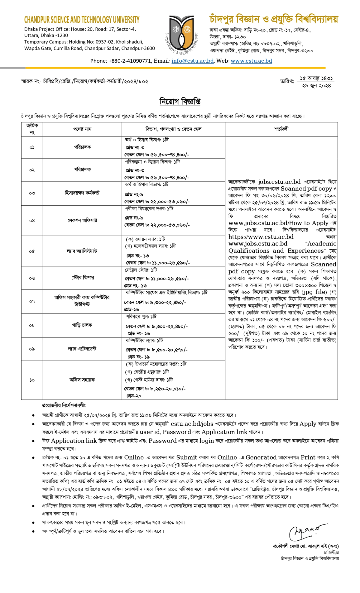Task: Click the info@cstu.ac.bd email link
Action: coord(193,61)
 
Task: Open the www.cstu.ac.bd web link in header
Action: coord(251,61)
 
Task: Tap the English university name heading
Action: coord(82,20)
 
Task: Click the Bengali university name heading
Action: coord(274,19)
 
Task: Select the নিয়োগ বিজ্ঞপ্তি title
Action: coord(180,101)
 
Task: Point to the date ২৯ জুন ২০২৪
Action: coord(316,86)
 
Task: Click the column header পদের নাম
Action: coord(82,129)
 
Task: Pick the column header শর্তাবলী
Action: coord(281,129)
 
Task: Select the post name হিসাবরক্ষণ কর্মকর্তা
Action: coord(82,193)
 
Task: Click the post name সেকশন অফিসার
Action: coord(82,220)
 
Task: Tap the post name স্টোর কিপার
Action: coord(82,278)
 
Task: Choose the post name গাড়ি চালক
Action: coord(82,325)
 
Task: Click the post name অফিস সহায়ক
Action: coord(82,380)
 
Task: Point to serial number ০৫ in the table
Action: coord(32,251)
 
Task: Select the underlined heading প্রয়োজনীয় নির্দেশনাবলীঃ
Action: coord(64,405)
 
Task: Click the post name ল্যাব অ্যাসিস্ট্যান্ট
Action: coord(82,251)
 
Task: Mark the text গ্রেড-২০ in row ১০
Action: coord(134,396)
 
